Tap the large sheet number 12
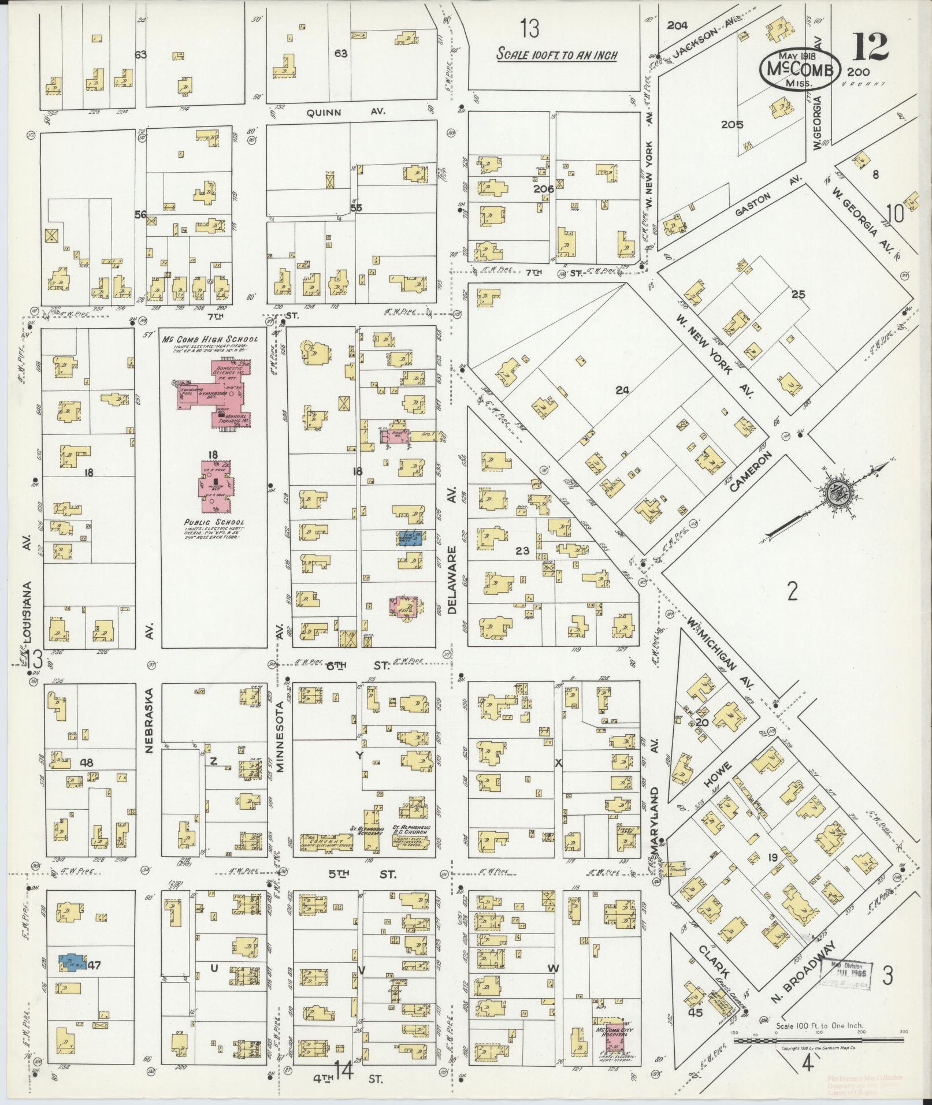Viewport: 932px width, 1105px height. click(870, 47)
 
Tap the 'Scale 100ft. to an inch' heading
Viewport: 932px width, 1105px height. click(558, 55)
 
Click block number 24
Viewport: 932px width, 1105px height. click(622, 390)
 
